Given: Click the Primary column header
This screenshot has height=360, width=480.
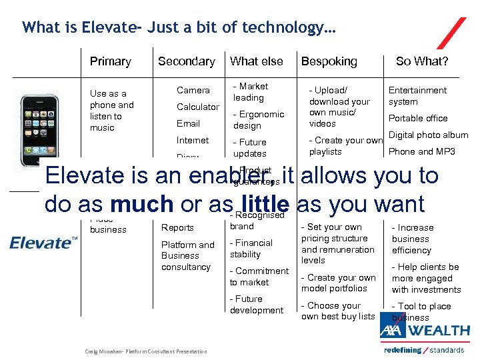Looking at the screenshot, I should click(110, 61).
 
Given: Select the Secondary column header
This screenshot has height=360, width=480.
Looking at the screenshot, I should click(186, 61).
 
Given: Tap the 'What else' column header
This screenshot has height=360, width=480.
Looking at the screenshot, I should click(256, 61).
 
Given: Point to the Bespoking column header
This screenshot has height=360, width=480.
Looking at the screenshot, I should click(329, 61).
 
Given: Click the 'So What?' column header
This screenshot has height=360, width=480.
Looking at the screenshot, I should click(422, 61).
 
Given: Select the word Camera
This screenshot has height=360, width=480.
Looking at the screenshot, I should click(193, 90).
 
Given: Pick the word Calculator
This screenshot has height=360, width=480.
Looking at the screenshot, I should click(197, 107).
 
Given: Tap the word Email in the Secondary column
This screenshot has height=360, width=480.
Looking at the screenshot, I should click(188, 123).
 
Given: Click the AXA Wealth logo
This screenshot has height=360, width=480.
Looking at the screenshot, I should click(425, 331).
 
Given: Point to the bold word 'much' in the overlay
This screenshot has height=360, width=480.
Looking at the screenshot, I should click(143, 204).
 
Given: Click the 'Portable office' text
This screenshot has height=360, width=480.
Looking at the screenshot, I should click(418, 118).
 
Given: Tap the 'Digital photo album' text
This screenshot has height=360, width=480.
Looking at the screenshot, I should click(428, 135).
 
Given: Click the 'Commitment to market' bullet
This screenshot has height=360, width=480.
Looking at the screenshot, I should click(259, 277).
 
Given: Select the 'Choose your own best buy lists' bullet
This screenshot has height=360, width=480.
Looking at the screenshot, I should click(337, 311).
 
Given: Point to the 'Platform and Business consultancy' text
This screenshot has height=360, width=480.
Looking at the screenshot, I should click(187, 255).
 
